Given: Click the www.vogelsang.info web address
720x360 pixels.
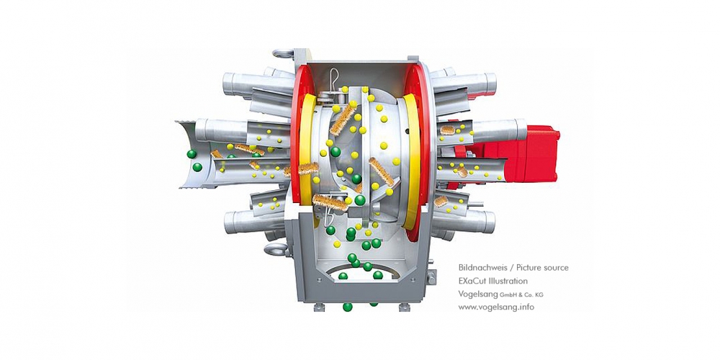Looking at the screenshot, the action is pos(496,307).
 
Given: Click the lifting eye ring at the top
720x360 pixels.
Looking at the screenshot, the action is pos(283,54).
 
